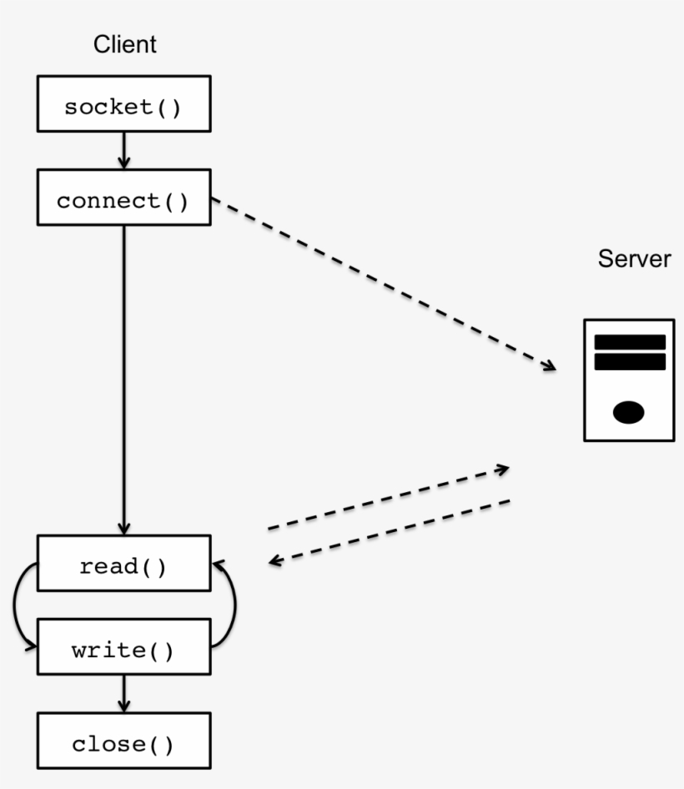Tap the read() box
(123, 567)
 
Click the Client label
(124, 45)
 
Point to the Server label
(634, 259)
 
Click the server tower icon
(628, 379)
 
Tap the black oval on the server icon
(628, 411)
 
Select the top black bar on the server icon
(629, 342)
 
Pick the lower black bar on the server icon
(629, 362)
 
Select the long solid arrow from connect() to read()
(123, 375)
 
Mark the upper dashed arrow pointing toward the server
(388, 498)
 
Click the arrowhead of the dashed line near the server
(549, 365)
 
